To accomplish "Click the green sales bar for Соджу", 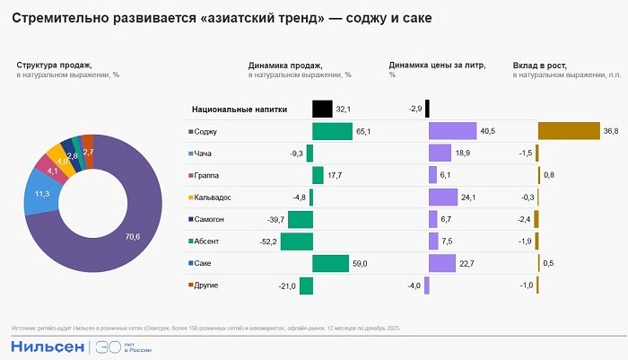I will coord(332,131).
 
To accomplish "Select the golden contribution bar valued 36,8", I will coord(568,131).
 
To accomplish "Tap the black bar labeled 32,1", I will coord(322,110).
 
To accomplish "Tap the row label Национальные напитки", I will coord(239,110).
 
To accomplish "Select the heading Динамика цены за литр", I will coord(438,66).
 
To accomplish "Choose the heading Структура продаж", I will coord(54,66).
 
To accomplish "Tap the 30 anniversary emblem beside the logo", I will coord(107,346).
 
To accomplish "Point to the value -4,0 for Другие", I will coord(414,285).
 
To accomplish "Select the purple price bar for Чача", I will coord(440,154).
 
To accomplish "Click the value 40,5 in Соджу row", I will coord(488,132).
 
